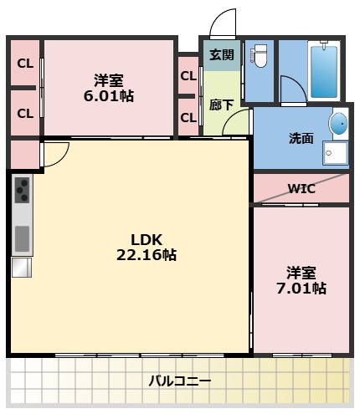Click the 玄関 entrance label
click(221, 55)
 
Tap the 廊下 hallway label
click(221, 105)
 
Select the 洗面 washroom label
click(301, 138)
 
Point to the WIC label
click(301, 189)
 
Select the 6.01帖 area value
click(110, 96)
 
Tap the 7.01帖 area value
click(303, 289)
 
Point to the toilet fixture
click(260, 57)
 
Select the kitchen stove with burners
click(21, 191)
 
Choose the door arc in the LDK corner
click(55, 154)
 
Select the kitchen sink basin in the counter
click(21, 238)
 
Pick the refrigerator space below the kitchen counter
click(20, 267)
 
